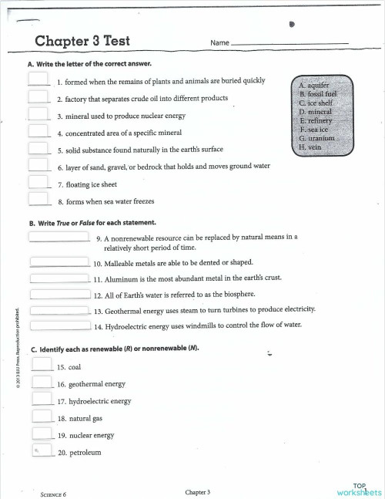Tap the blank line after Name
click(289, 43)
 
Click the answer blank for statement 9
click(59, 238)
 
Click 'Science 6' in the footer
click(53, 494)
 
